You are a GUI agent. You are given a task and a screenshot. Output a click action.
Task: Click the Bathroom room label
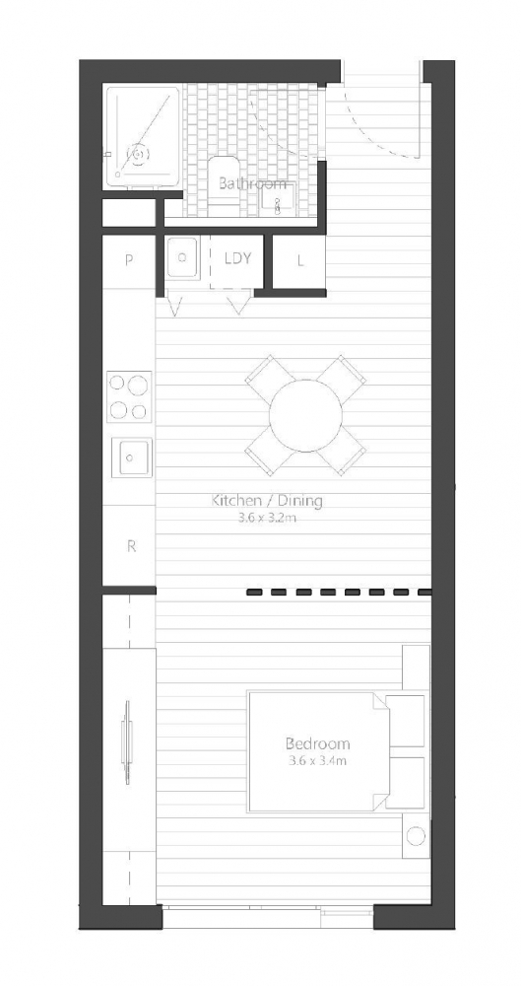pyautogui.click(x=252, y=184)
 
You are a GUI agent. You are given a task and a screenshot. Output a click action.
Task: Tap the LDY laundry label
pyautogui.click(x=238, y=258)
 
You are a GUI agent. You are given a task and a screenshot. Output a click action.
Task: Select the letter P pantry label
pyautogui.click(x=129, y=260)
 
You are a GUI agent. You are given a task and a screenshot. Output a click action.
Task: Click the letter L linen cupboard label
pyautogui.click(x=300, y=260)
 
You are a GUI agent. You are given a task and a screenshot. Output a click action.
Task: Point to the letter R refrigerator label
pyautogui.click(x=131, y=546)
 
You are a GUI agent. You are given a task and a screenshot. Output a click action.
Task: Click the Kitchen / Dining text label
pyautogui.click(x=267, y=501)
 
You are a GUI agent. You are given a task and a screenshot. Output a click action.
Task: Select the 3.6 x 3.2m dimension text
pyautogui.click(x=267, y=519)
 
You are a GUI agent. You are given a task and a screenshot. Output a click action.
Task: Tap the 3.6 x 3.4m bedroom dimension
pyautogui.click(x=317, y=761)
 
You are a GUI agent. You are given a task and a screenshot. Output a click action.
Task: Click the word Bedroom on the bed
pyautogui.click(x=317, y=743)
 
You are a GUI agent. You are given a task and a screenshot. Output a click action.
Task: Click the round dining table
pyautogui.click(x=306, y=414)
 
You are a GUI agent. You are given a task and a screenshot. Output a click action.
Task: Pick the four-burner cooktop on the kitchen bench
pyautogui.click(x=129, y=396)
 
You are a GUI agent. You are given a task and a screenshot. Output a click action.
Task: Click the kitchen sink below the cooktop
pyautogui.click(x=132, y=458)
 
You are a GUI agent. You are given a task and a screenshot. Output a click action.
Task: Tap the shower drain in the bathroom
pyautogui.click(x=138, y=153)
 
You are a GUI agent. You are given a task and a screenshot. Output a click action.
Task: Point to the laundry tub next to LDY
pyautogui.click(x=182, y=257)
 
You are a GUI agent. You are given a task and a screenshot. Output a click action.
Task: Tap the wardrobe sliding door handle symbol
pyautogui.click(x=127, y=742)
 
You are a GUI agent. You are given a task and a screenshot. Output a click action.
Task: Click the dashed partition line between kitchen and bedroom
pyautogui.click(x=340, y=592)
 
